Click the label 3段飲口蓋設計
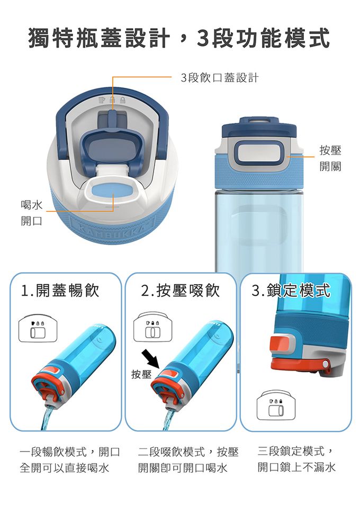point(219,78)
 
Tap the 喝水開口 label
point(31,213)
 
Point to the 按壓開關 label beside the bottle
point(330,158)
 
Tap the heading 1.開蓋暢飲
point(60,291)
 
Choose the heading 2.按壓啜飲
point(181,291)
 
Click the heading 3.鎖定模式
point(291,291)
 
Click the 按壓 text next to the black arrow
point(141,374)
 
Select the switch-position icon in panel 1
point(38,329)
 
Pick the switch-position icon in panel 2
point(152,327)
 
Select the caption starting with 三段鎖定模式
point(296,459)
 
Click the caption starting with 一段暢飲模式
point(69,460)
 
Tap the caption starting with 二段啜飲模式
point(188,460)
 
